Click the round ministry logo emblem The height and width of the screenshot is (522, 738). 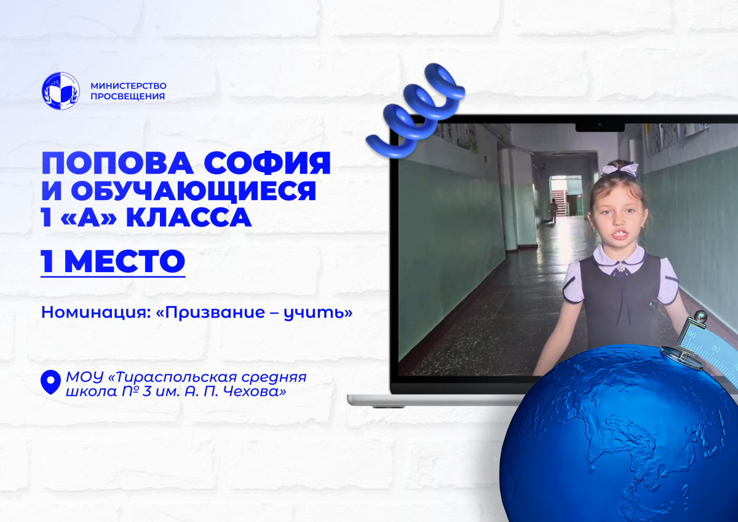[x=61, y=91]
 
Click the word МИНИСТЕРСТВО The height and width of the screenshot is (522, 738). [x=129, y=86]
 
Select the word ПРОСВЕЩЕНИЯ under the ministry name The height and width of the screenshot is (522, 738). [x=127, y=96]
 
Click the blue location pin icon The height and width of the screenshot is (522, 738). [x=50, y=382]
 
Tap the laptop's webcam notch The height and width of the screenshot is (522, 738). [x=600, y=127]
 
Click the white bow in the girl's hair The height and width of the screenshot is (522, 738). [x=619, y=170]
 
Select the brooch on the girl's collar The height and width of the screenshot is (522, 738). [x=621, y=268]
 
